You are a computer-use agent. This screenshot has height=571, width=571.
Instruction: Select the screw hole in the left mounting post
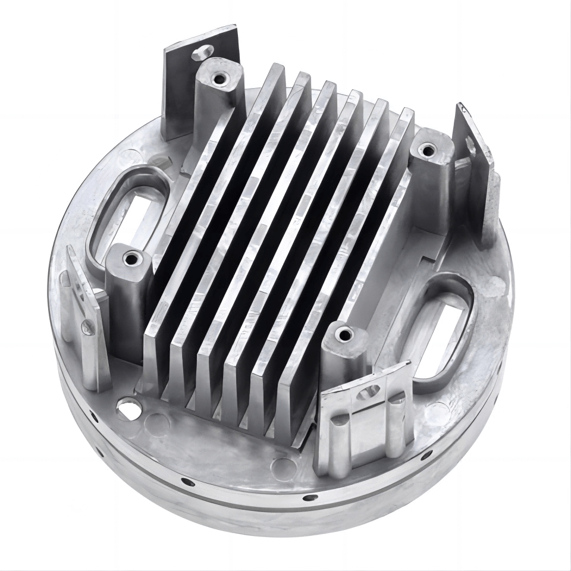coord(129,259)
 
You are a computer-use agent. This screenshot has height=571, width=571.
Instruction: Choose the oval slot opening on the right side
coord(441,325)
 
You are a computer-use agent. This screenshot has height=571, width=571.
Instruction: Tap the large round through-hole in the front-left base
coord(127,409)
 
